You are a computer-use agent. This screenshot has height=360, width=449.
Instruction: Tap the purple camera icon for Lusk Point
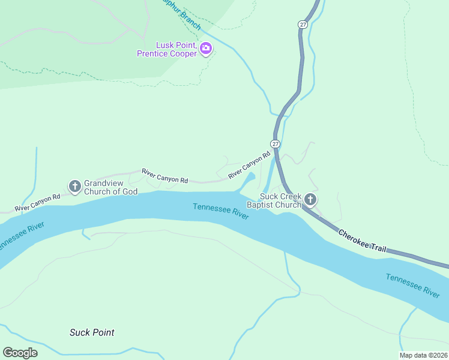pyautogui.click(x=206, y=48)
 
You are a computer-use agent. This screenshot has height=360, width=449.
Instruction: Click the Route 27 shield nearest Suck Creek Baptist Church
pyautogui.click(x=274, y=144)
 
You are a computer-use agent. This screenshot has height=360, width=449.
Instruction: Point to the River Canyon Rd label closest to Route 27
pyautogui.click(x=249, y=165)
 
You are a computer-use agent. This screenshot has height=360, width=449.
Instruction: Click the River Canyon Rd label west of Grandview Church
pyautogui.click(x=37, y=202)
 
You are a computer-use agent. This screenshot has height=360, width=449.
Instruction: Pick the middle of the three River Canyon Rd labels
pyautogui.click(x=165, y=176)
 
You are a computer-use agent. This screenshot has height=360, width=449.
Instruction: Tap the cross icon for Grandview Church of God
pyautogui.click(x=75, y=187)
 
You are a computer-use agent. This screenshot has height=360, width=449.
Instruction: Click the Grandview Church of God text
pyautogui.click(x=110, y=187)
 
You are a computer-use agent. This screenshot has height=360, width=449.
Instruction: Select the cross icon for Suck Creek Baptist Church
pyautogui.click(x=310, y=199)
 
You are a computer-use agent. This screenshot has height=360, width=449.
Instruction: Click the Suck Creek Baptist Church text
pyautogui.click(x=280, y=200)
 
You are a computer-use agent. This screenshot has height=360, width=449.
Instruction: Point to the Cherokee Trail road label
pyautogui.click(x=362, y=241)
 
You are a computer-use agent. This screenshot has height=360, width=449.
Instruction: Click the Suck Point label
pyautogui.click(x=92, y=332)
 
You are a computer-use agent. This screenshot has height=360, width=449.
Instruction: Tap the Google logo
pyautogui.click(x=20, y=353)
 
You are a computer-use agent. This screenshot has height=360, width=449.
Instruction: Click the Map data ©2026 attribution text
pyautogui.click(x=423, y=355)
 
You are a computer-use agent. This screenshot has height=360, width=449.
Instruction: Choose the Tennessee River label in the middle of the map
pyautogui.click(x=221, y=212)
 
